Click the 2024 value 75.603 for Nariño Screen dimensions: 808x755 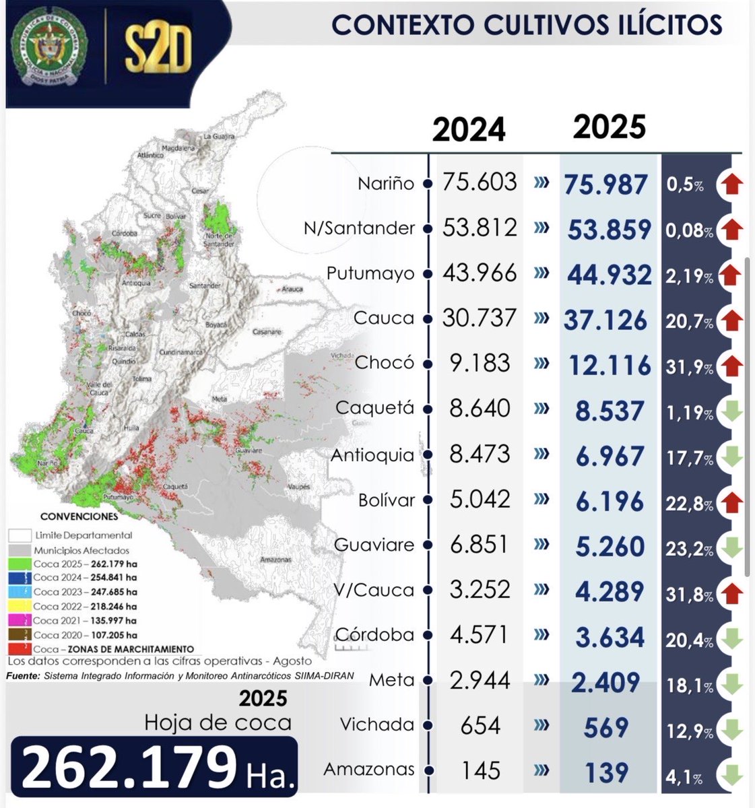480,182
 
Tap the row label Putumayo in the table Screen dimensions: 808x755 370,274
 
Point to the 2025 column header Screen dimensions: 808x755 609,127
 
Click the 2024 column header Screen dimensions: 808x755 469,129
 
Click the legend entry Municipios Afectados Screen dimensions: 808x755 82,550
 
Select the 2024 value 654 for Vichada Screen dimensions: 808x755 480,726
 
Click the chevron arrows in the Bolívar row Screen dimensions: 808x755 540,500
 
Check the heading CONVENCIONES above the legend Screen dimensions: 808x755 79,517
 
